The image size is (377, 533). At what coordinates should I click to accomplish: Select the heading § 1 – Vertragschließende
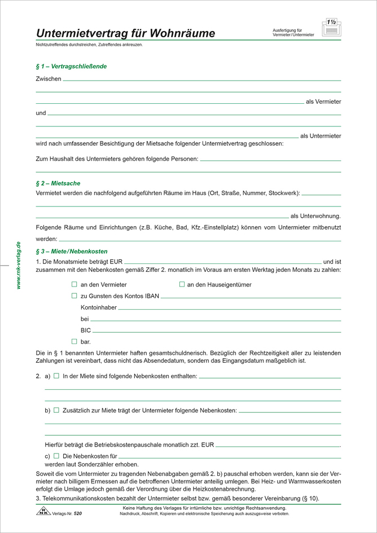[71, 67]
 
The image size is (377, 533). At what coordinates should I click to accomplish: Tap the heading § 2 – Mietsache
[58, 183]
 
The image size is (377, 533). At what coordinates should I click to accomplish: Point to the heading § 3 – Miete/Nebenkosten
[71, 251]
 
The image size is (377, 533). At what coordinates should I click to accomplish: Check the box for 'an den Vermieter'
[74, 285]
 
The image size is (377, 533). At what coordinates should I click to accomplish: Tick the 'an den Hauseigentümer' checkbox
[182, 285]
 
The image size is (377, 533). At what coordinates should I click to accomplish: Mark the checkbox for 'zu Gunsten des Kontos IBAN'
[74, 296]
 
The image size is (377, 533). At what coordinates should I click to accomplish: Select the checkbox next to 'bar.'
[74, 341]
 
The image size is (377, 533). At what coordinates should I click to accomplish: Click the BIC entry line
[217, 332]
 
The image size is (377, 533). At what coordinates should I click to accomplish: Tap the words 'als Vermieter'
[323, 102]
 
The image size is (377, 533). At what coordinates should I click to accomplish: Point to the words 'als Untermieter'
[320, 136]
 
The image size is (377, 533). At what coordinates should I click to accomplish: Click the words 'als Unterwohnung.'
[315, 215]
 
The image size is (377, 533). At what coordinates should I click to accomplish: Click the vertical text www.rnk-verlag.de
[19, 266]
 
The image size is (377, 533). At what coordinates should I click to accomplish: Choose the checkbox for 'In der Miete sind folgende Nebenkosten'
[56, 376]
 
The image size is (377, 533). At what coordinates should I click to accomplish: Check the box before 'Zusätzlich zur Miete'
[56, 410]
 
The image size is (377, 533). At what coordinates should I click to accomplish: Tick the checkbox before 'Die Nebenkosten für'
[56, 455]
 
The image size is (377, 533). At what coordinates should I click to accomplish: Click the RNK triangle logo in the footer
[42, 512]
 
